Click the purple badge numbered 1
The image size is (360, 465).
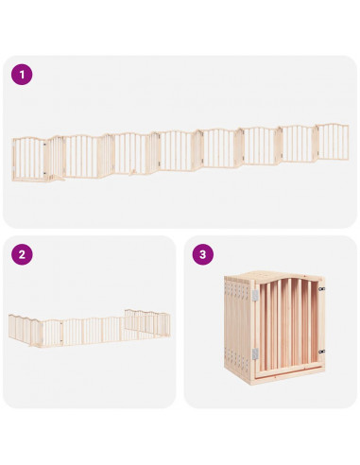pos(22,75)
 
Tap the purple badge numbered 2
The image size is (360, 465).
pos(22,254)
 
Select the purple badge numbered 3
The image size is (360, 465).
pos(203,254)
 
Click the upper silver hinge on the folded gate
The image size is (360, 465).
pos(255,295)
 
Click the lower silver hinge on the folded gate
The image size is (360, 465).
pos(255,353)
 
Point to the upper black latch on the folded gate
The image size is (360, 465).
pos(321,288)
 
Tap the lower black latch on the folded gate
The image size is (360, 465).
pos(321,352)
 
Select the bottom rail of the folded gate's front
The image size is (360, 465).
pos(289,367)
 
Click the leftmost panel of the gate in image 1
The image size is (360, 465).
pos(29,159)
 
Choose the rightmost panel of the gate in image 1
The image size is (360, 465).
pos(333,142)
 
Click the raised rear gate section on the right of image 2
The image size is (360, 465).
pos(147,322)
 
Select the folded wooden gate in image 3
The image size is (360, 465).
pos(274,328)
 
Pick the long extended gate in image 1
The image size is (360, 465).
pos(180,153)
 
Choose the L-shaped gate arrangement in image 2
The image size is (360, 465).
pos(90,328)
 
